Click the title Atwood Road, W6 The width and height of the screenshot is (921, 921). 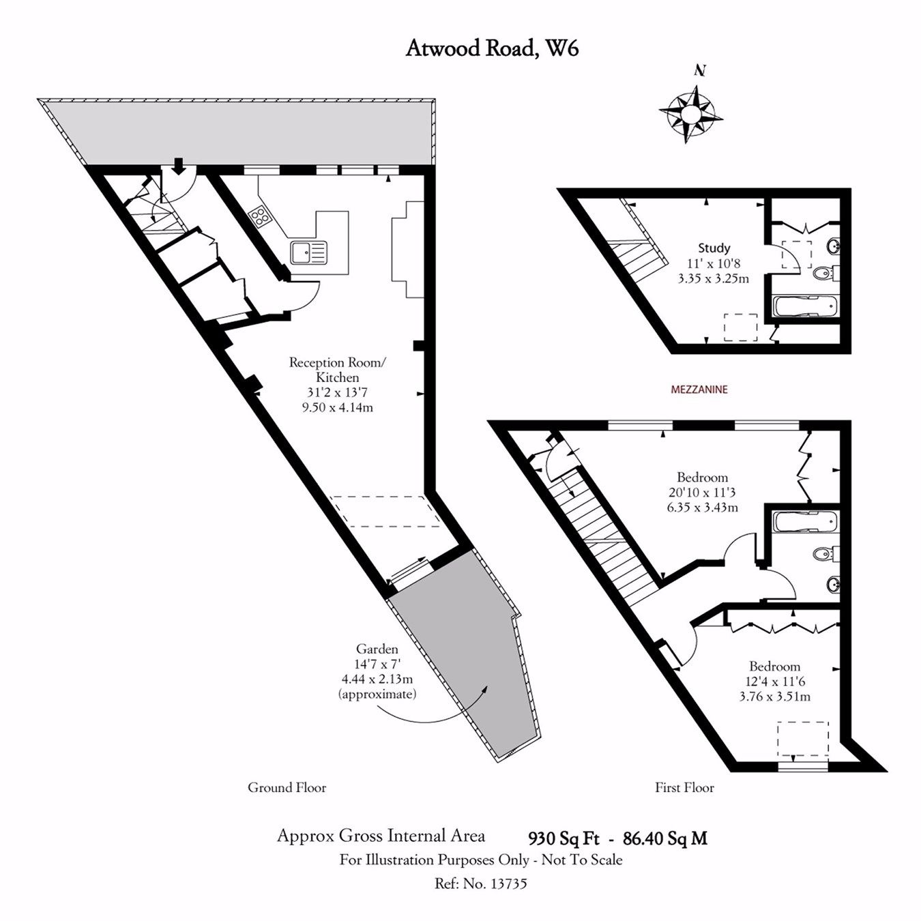492,49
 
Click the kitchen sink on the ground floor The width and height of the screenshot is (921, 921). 308,252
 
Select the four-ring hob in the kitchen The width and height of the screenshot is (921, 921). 260,216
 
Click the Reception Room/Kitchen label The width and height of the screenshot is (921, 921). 337,370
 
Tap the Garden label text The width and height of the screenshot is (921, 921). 377,649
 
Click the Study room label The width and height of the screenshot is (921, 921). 714,248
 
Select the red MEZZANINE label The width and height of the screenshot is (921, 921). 699,390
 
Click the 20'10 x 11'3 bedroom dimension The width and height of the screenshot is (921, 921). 702,493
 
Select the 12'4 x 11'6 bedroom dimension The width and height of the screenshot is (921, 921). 774,682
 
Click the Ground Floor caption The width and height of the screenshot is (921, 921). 287,788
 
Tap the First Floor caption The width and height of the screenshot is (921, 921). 684,788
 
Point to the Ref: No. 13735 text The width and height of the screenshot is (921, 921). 481,883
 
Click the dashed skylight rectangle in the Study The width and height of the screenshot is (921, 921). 740,327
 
